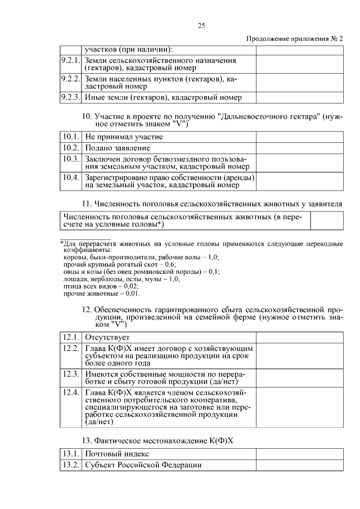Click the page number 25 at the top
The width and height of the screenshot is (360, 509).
coord(201,25)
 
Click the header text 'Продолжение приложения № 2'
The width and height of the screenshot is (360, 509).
coord(294,38)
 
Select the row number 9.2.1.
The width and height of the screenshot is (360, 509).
coord(71,60)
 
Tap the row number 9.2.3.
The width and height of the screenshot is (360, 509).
coord(71,97)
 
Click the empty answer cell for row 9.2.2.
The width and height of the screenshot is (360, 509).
coord(299,83)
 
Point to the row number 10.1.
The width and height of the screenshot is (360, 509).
coord(71,137)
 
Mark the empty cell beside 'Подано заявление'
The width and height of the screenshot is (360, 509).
coord(299,148)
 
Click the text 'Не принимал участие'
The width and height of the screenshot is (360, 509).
coord(124,137)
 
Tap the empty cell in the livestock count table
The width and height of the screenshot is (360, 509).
coord(327,221)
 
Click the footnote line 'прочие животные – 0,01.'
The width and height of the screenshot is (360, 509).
coord(101,293)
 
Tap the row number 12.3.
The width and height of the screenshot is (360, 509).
coord(71,374)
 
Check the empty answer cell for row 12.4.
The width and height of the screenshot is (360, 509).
coord(299,407)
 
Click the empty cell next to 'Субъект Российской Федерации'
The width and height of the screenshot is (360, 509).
coord(299,465)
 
